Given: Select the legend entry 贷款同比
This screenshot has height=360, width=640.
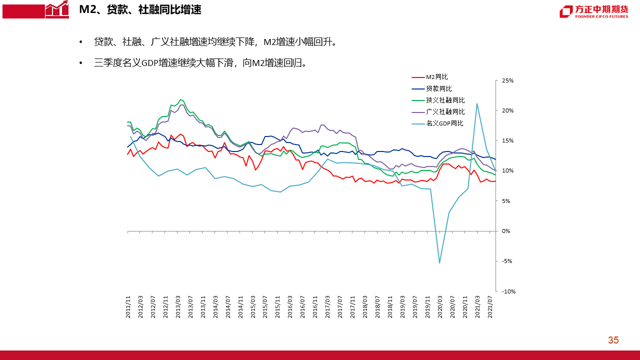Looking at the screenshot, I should pos(438,88).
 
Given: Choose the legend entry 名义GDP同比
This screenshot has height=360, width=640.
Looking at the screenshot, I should pos(444,123).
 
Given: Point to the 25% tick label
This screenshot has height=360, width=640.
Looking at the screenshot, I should pos(508,80).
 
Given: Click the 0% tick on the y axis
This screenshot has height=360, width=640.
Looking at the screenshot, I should pos(506,231).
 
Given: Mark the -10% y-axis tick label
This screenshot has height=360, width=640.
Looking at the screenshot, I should pos(508,291).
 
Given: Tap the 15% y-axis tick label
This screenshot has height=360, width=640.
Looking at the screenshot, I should pos(508,141).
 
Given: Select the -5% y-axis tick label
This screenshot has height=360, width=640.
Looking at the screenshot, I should pos(507,261).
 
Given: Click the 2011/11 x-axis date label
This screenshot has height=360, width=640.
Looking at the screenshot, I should pos(128,307).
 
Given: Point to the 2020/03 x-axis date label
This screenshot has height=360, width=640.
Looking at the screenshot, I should pos(439,307).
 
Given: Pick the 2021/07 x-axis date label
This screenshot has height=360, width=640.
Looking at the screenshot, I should pos(490,307).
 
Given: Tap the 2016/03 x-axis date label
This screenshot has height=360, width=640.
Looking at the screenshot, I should pos(290,307).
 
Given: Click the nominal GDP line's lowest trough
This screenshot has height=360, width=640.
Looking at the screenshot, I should pos(439,263).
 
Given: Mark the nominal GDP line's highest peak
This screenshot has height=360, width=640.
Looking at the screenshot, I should pos(477,103).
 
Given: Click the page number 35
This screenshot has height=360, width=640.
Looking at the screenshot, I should pos(613,340).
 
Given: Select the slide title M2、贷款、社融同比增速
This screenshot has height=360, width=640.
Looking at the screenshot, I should pos(140,9).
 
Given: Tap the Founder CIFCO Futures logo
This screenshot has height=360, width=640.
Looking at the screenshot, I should pos(593,11).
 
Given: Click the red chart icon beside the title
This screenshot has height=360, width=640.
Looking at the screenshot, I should pos(57,9).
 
